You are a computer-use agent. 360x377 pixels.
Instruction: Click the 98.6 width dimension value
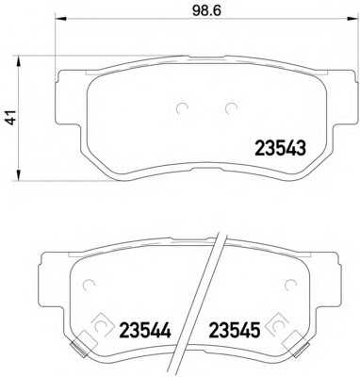point(206,10)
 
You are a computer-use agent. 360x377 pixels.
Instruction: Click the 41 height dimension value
point(11,118)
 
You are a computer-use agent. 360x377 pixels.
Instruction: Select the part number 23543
point(280,148)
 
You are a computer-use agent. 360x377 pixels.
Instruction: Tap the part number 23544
point(145,330)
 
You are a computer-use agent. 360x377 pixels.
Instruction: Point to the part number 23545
point(235,330)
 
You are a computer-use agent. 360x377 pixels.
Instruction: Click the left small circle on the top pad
point(182,108)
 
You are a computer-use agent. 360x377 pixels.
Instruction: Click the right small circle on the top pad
point(232,108)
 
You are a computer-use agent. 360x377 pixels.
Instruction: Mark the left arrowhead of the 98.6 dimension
point(60,18)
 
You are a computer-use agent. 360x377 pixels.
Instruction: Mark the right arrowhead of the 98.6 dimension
point(352,18)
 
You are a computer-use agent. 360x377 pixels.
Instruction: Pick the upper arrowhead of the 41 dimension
point(19,61)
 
